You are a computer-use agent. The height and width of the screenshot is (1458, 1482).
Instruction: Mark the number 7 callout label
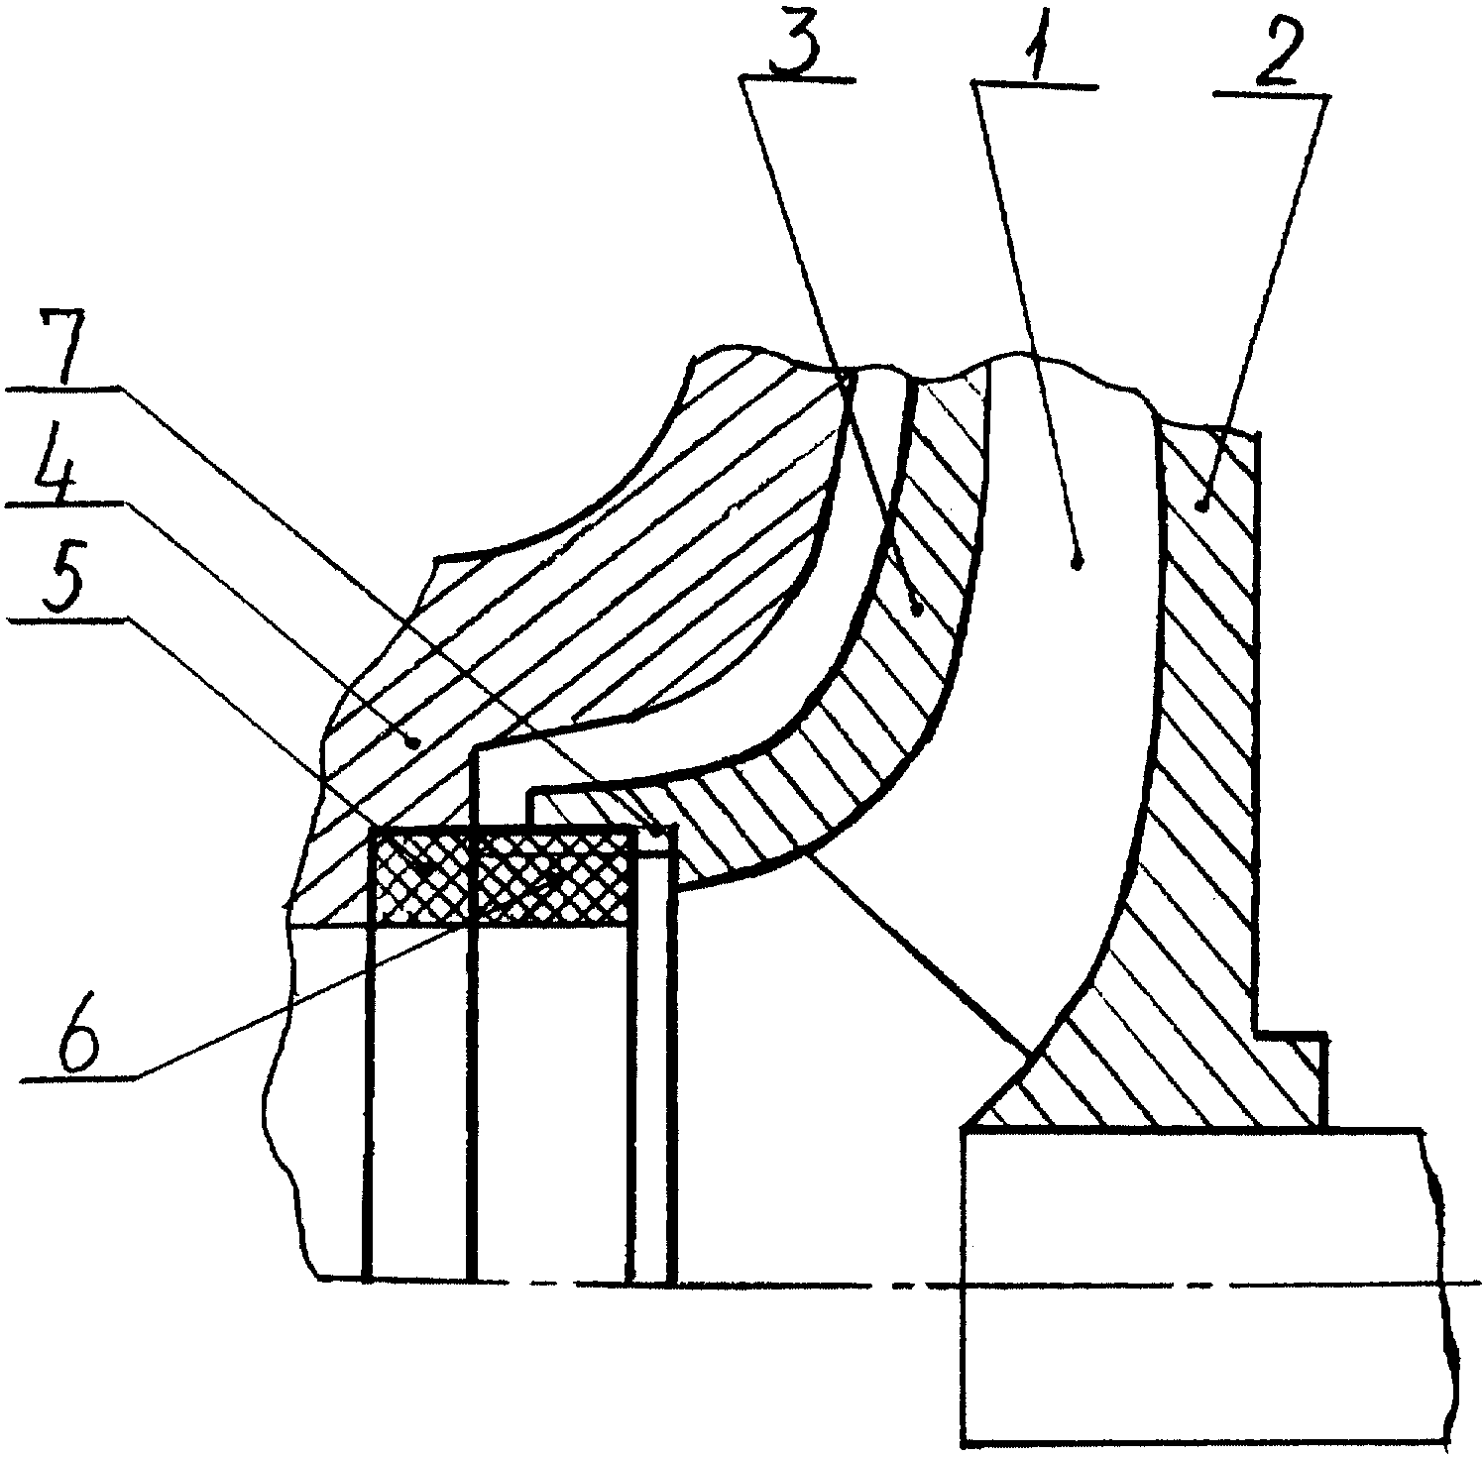[x=60, y=346]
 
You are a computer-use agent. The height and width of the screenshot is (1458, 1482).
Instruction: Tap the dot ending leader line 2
[x=1202, y=506]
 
